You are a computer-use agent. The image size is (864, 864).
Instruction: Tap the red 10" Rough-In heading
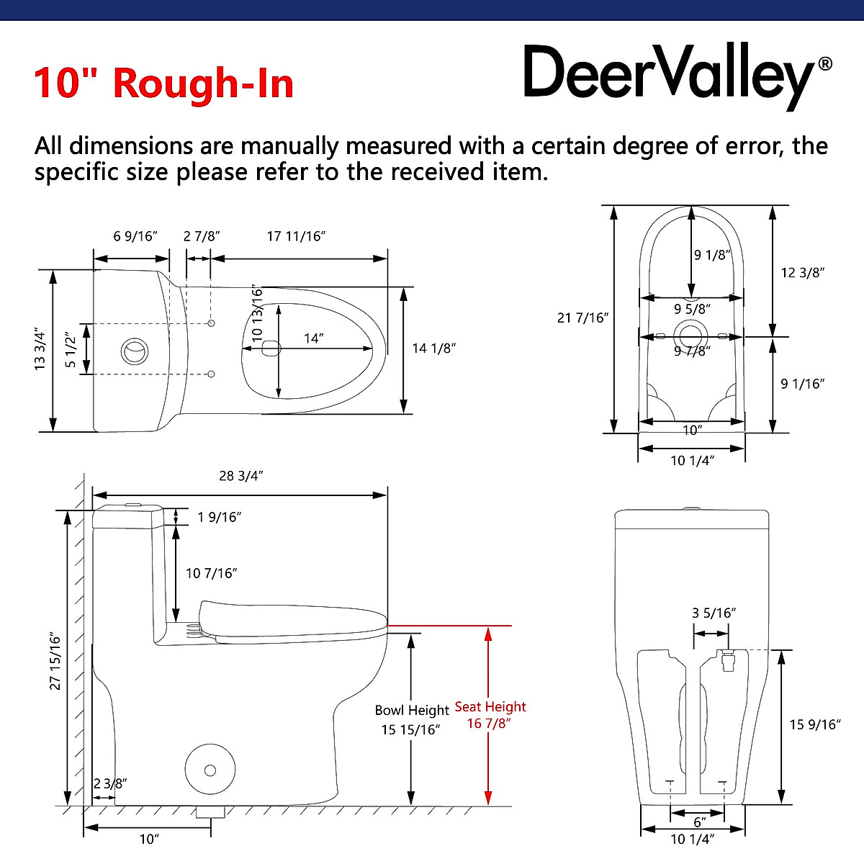164,83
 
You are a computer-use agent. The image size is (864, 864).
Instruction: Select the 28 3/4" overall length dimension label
241,476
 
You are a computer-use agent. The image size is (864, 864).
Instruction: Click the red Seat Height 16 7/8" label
490,715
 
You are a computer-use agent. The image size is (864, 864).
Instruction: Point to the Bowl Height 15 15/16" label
411,719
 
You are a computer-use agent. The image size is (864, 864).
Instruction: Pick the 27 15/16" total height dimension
55,662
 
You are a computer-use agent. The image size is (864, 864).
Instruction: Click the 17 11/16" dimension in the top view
297,236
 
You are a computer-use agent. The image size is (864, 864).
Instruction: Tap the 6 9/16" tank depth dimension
135,236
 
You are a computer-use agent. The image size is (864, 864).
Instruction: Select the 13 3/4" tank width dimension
40,351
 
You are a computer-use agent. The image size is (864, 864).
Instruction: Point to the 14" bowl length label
313,338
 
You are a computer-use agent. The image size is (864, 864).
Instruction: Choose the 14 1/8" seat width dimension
434,348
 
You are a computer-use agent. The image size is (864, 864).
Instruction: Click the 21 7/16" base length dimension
583,318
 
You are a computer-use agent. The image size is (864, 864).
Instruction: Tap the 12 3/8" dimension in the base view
803,272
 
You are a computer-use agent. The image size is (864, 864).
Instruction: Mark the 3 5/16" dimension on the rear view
714,613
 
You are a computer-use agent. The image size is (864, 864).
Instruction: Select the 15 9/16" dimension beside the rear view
815,724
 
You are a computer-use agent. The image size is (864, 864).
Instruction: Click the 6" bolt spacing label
699,822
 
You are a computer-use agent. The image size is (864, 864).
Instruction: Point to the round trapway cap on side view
210,770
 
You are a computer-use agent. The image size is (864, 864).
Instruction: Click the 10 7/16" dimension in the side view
212,573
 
